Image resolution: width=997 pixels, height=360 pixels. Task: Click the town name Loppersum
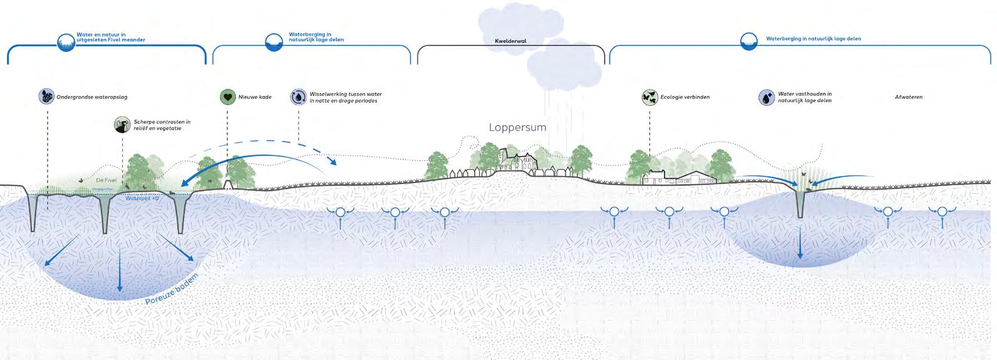pos(517,127)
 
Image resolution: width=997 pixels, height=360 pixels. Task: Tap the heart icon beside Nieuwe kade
pos(227,97)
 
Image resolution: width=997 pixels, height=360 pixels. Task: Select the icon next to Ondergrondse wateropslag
pos(46,97)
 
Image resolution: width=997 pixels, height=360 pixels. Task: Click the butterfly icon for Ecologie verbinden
pos(649,97)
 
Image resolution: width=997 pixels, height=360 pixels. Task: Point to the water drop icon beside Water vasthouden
pos(767,97)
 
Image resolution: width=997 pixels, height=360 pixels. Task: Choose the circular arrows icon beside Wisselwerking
pos(298,97)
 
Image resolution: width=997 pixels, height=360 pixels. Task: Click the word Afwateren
pos(908,97)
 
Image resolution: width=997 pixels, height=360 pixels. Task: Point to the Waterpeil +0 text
pos(142,198)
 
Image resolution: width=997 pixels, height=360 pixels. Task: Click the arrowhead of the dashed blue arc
pos(333,162)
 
